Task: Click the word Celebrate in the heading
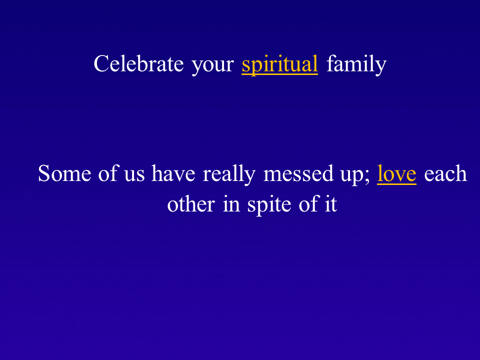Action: click(138, 63)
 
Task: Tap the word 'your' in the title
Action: click(213, 66)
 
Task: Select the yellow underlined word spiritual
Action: click(280, 65)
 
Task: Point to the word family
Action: click(356, 65)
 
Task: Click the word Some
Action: click(64, 173)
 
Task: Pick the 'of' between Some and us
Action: click(108, 173)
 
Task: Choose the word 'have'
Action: click(173, 173)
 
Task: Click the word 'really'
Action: click(229, 175)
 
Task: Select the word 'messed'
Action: click(298, 173)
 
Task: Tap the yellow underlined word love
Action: click(396, 174)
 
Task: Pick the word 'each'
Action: click(445, 173)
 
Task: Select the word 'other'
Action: click(191, 203)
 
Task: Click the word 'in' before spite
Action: click(231, 203)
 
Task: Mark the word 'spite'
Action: click(269, 205)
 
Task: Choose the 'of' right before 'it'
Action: click(309, 203)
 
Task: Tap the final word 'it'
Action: click(331, 204)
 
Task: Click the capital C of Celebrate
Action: click(101, 63)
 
